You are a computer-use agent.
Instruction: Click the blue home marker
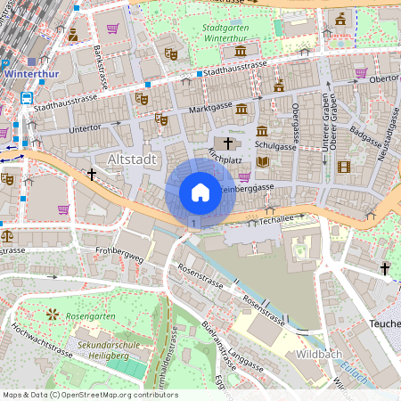(x=200, y=192)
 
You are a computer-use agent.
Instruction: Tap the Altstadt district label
(x=132, y=159)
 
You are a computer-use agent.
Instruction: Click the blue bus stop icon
(x=27, y=98)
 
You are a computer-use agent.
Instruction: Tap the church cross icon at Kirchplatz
(x=227, y=143)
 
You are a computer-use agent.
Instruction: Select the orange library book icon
(x=262, y=161)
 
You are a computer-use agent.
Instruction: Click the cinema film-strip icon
(x=344, y=167)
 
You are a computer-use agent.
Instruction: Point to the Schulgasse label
(x=274, y=143)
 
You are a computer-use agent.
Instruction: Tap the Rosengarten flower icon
(x=52, y=315)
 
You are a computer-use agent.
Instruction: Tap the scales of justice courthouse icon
(x=8, y=236)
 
